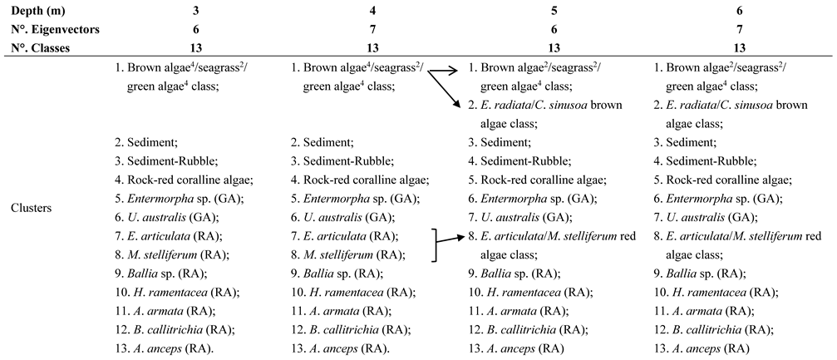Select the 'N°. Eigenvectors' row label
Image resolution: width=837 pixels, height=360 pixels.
[x=46, y=30]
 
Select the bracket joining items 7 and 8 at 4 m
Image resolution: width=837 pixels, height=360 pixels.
[x=434, y=245]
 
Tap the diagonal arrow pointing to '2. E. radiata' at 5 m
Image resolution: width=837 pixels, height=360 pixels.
[x=446, y=92]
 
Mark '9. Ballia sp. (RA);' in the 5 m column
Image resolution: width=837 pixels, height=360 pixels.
[x=517, y=271]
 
